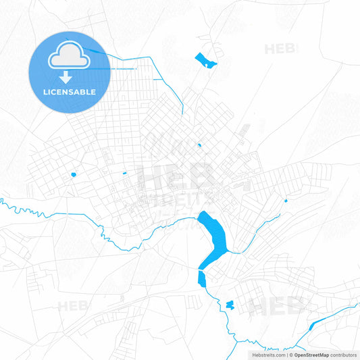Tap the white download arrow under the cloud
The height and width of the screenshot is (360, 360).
[x=66, y=76]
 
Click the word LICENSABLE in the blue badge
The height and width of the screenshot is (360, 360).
[x=70, y=91]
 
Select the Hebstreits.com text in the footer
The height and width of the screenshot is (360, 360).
[x=267, y=355]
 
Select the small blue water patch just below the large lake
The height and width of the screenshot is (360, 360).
[x=201, y=278]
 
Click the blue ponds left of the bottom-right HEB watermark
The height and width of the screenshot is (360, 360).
[x=229, y=305]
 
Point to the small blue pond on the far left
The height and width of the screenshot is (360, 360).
[x=74, y=175]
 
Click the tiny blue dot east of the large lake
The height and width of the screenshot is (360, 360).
[x=286, y=200]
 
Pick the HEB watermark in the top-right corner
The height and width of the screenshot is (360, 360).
[x=281, y=49]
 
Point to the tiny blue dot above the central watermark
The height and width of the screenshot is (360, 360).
[x=199, y=145]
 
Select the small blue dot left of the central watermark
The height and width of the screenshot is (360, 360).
[x=124, y=174]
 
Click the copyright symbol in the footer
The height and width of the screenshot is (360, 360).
[x=291, y=355]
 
